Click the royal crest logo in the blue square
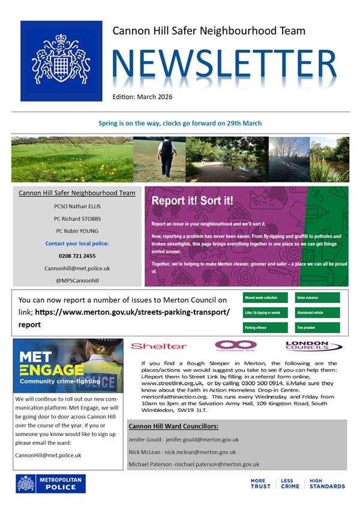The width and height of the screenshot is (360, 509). (61, 61)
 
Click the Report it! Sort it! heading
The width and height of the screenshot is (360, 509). (192, 201)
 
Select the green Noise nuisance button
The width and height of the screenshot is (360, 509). (317, 297)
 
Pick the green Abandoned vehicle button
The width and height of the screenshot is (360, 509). (317, 313)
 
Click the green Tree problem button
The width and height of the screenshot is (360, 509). (317, 329)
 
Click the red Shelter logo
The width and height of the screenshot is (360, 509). (158, 347)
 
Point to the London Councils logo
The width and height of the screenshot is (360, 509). (313, 346)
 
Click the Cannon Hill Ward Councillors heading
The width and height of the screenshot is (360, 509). (173, 426)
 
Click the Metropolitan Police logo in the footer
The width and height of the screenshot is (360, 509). (50, 484)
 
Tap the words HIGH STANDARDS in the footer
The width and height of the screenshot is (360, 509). (327, 484)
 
